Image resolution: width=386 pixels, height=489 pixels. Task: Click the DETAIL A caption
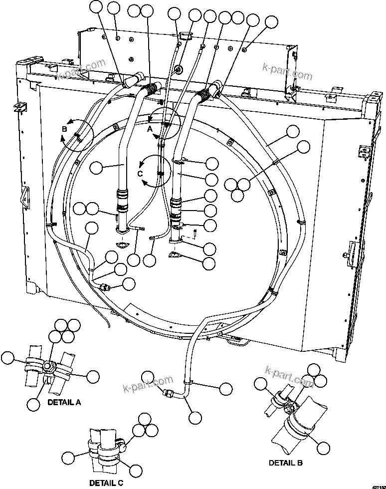pos(64,401)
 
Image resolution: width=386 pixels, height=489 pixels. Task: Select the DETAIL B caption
pos(286,463)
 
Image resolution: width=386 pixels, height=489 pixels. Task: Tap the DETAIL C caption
pos(106,483)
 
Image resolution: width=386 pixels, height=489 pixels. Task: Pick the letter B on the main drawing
pos(64,129)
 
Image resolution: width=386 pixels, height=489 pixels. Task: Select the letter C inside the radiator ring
pos(140,174)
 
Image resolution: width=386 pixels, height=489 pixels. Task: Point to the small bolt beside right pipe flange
pos(195,231)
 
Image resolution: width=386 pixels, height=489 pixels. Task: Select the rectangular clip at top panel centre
pos(185,36)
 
